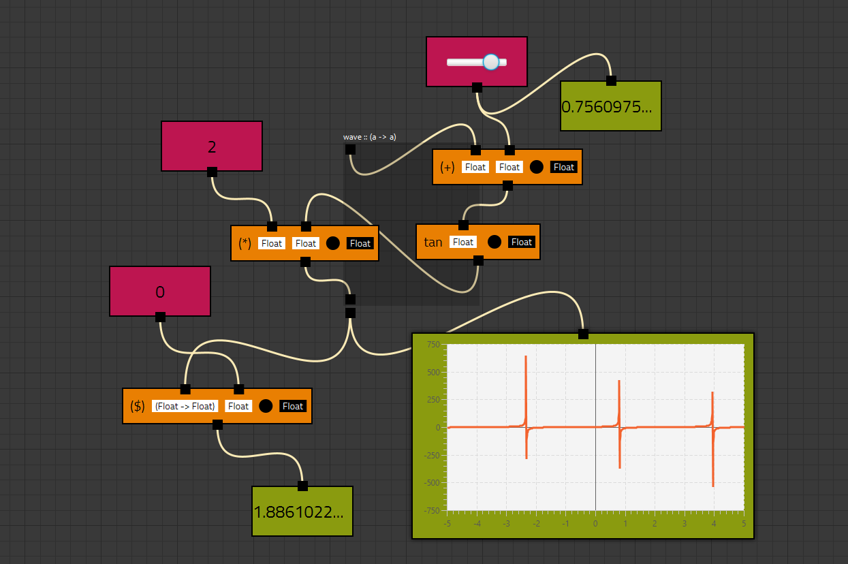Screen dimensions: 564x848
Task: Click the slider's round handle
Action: [x=491, y=62]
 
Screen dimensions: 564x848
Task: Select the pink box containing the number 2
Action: [x=211, y=146]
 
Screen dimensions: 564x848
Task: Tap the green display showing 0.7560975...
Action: [x=610, y=107]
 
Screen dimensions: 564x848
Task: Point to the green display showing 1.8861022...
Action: [x=302, y=512]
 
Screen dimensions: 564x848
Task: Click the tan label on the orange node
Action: [x=433, y=242]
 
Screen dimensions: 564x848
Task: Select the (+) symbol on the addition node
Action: [x=447, y=168]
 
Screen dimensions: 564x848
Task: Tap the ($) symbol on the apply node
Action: [x=138, y=407]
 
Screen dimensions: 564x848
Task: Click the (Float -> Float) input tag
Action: [x=185, y=407]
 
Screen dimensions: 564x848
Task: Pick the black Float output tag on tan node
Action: [x=522, y=242]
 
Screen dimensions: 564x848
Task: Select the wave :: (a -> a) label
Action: [x=370, y=137]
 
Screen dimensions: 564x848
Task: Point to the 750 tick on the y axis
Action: [x=433, y=345]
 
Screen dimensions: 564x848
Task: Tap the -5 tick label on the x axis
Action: [x=447, y=524]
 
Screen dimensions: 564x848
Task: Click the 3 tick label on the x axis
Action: [x=684, y=524]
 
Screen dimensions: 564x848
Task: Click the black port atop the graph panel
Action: [x=583, y=334]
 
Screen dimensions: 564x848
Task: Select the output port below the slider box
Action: [x=477, y=87]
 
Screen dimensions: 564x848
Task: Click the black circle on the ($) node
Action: [x=266, y=407]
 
